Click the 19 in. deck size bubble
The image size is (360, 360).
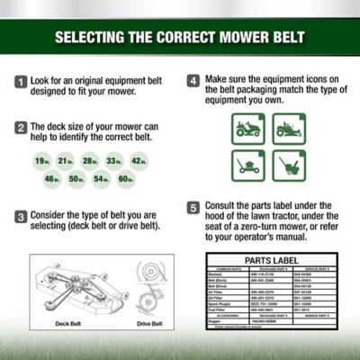point(41,160)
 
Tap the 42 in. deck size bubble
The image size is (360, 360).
point(137,160)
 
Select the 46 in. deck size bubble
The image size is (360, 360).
point(53,180)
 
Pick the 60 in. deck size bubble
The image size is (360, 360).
point(124,180)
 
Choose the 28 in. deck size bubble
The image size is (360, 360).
point(89,160)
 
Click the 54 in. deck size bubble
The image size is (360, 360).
point(101,180)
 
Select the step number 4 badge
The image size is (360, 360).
point(193,81)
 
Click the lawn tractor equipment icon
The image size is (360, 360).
point(247,129)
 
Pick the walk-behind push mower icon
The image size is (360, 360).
point(247,167)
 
